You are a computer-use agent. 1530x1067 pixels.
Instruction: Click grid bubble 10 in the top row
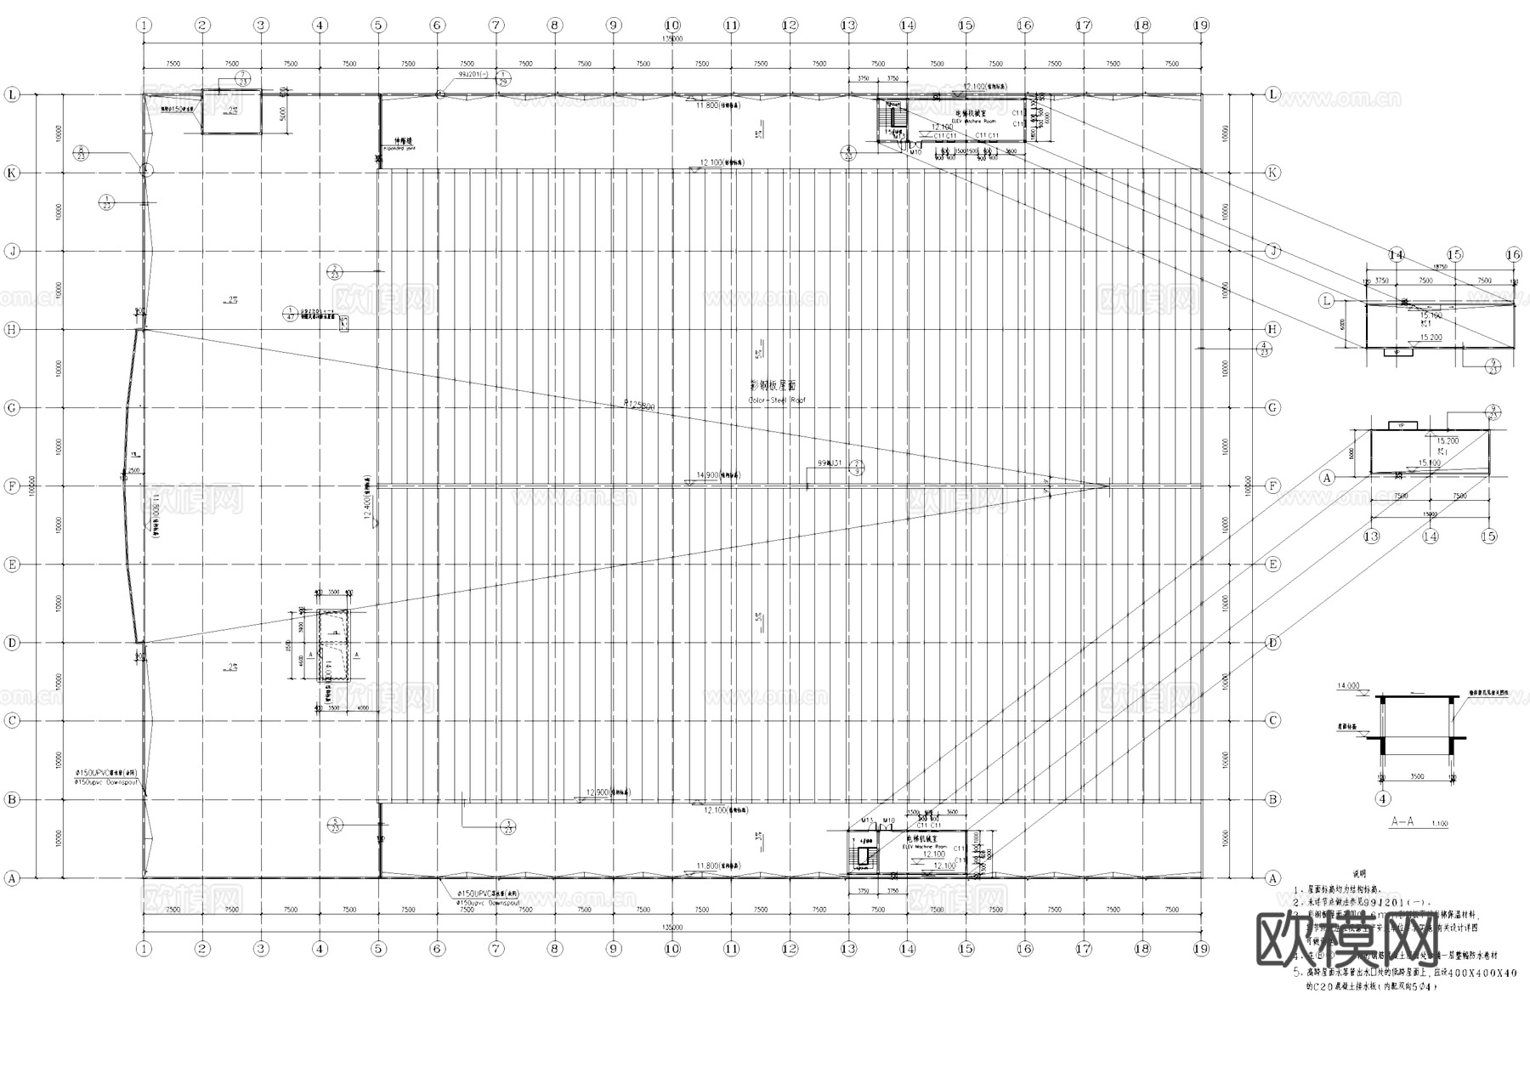(672, 26)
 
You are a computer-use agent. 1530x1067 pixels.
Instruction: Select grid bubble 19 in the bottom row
(1200, 949)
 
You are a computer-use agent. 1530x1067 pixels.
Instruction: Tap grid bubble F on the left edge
(12, 486)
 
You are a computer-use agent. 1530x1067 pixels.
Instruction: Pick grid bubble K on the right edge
(1272, 173)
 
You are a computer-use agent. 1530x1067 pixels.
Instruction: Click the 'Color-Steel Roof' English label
(776, 400)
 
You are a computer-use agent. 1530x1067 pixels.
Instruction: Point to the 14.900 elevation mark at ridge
(707, 475)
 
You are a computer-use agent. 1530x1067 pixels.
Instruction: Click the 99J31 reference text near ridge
(830, 463)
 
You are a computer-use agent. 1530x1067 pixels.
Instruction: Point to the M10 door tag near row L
(915, 152)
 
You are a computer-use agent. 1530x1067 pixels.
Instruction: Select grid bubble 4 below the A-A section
(1383, 798)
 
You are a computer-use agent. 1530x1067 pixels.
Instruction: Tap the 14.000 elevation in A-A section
(1348, 686)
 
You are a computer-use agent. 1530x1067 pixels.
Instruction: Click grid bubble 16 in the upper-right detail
(1513, 254)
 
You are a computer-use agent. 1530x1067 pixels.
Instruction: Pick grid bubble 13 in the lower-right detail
(1371, 536)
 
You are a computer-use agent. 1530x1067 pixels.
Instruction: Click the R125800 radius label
(639, 406)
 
